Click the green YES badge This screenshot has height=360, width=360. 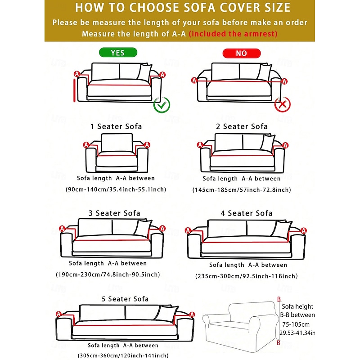click(x=117, y=53)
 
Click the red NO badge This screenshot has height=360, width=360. click(x=242, y=53)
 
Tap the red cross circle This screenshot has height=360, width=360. click(x=283, y=105)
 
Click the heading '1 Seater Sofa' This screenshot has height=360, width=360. click(x=116, y=126)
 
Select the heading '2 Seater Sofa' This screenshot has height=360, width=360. click(x=242, y=126)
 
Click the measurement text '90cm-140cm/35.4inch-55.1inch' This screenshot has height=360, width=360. click(x=116, y=189)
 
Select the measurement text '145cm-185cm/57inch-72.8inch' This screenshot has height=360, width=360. click(x=241, y=190)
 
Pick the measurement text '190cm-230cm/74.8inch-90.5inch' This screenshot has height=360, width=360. click(x=108, y=274)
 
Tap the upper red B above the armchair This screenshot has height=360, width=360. click(x=279, y=299)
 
